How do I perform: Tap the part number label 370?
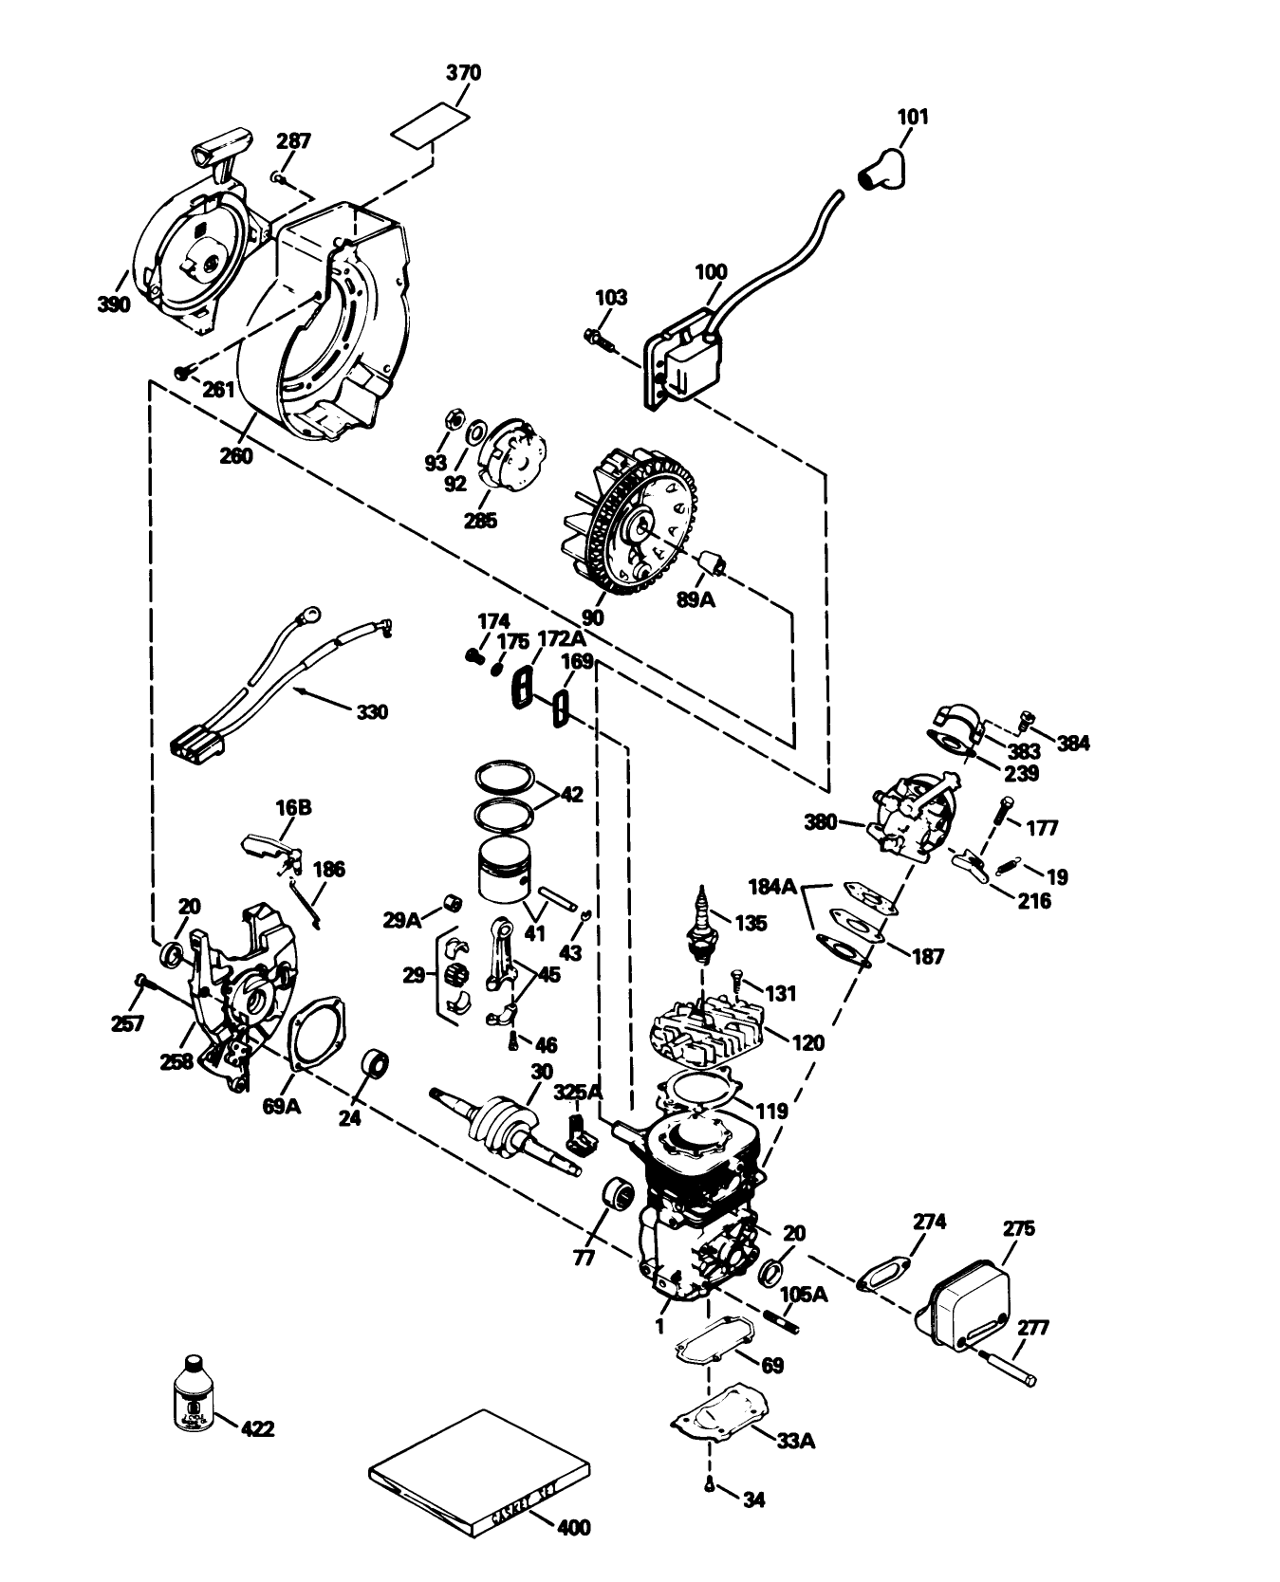click(x=463, y=73)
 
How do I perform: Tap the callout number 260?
click(x=235, y=455)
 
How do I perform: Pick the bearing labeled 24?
click(x=376, y=1066)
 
